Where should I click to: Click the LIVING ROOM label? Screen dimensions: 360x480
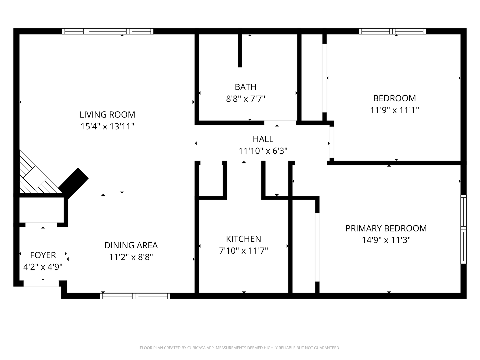coord(107,115)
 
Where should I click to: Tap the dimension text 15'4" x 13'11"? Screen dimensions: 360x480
coord(107,126)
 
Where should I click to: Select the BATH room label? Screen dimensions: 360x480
coord(246,87)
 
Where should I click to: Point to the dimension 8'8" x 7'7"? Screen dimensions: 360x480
coord(246,99)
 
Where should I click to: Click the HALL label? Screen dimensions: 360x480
coord(263,139)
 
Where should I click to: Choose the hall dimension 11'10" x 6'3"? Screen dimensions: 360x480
coord(263,151)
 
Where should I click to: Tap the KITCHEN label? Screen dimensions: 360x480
coord(243,239)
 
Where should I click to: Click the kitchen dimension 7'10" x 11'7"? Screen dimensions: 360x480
coord(243,250)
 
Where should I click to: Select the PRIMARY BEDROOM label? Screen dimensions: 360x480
coord(386,228)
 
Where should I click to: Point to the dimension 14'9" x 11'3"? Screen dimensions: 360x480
coord(386,240)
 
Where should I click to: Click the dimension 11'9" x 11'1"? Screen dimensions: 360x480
coord(394,110)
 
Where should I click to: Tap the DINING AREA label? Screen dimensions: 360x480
coord(131,245)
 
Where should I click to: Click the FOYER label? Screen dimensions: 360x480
coord(43,255)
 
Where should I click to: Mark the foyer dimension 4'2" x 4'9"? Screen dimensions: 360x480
coord(43,267)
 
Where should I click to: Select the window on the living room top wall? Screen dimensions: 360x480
coord(108,31)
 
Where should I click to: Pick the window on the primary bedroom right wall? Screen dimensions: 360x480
coord(463,229)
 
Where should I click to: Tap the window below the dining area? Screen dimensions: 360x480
coord(135,296)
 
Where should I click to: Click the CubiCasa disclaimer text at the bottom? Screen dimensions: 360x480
coord(240,348)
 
